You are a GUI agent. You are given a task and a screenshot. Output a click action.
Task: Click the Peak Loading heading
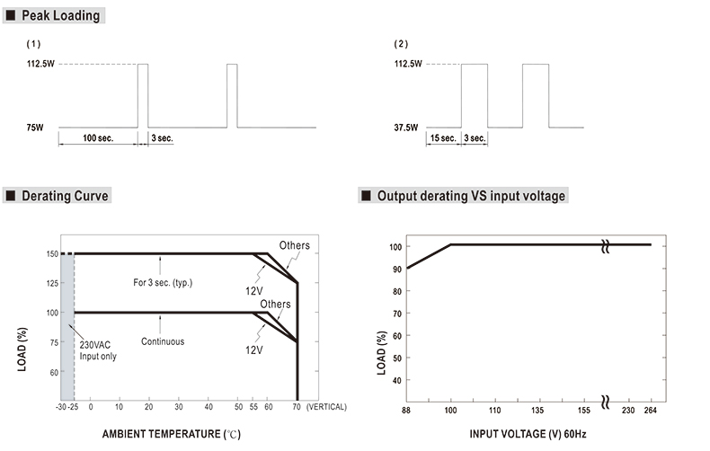tap(62, 15)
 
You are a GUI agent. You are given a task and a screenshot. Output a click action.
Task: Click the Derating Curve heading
tap(64, 196)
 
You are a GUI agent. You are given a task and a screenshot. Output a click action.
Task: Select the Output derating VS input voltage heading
tap(471, 196)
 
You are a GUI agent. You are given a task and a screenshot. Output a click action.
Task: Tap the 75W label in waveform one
tap(35, 128)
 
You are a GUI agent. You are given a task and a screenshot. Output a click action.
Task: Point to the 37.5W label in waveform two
tap(405, 128)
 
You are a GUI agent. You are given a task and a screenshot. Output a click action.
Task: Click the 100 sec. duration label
tap(97, 138)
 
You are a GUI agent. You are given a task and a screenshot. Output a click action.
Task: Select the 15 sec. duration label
tap(443, 138)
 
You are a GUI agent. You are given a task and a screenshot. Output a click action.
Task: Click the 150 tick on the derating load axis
tap(53, 254)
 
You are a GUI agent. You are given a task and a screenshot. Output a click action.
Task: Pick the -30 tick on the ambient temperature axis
tap(60, 408)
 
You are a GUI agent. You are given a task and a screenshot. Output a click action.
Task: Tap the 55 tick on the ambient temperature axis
tap(253, 408)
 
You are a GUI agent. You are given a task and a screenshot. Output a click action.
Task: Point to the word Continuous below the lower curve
tap(162, 341)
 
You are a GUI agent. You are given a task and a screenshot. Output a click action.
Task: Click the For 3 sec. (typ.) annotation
tap(163, 283)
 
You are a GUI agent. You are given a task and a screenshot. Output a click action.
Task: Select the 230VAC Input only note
tap(97, 351)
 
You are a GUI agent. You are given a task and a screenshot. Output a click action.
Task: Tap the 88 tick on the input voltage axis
tap(406, 410)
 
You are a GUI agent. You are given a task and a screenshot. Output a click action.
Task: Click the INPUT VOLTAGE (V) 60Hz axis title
tap(534, 434)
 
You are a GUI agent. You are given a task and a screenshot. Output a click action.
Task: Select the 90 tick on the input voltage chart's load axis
tap(395, 268)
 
